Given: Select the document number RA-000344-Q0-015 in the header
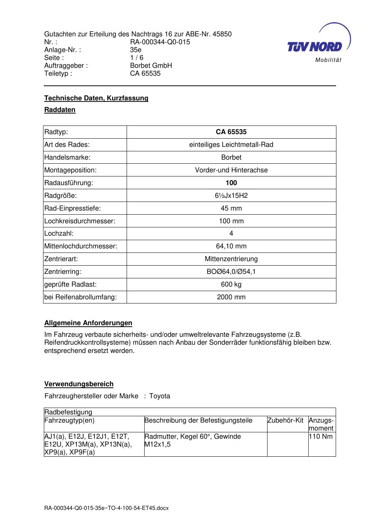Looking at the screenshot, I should point(160,42).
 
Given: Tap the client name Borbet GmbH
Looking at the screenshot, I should point(151,66).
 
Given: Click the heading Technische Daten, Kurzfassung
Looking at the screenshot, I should point(96,98).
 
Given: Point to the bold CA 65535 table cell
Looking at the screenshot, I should point(231,132).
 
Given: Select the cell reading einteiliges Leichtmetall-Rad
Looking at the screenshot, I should point(231,145).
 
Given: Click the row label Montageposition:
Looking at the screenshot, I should point(70,170).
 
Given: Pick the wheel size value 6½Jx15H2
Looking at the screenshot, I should point(231,196).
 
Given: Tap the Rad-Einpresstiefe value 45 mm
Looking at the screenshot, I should point(231,208).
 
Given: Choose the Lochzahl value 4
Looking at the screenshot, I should point(231,233).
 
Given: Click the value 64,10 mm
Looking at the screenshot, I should point(231,246).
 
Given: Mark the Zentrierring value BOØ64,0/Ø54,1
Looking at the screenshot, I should point(231,272).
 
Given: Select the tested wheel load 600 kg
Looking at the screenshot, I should point(231,284).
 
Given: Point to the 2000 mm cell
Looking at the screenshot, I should point(231,297).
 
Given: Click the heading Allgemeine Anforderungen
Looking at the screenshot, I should point(88,323).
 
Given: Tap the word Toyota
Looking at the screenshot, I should point(160,396).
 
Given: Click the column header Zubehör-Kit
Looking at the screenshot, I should point(285,420).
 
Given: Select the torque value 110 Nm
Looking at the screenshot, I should point(321,436).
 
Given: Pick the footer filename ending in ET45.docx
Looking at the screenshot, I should point(106,508).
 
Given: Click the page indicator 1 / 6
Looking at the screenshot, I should point(137,58).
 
